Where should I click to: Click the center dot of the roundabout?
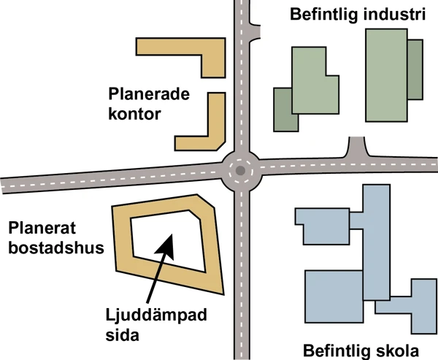pyautogui.click(x=239, y=170)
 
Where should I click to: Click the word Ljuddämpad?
pyautogui.click(x=155, y=315)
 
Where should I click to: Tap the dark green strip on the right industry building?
pyautogui.click(x=415, y=69)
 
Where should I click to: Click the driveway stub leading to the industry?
pyautogui.click(x=357, y=148)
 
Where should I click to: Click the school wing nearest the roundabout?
pyautogui.click(x=321, y=226)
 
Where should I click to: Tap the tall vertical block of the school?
pyautogui.click(x=376, y=241)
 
